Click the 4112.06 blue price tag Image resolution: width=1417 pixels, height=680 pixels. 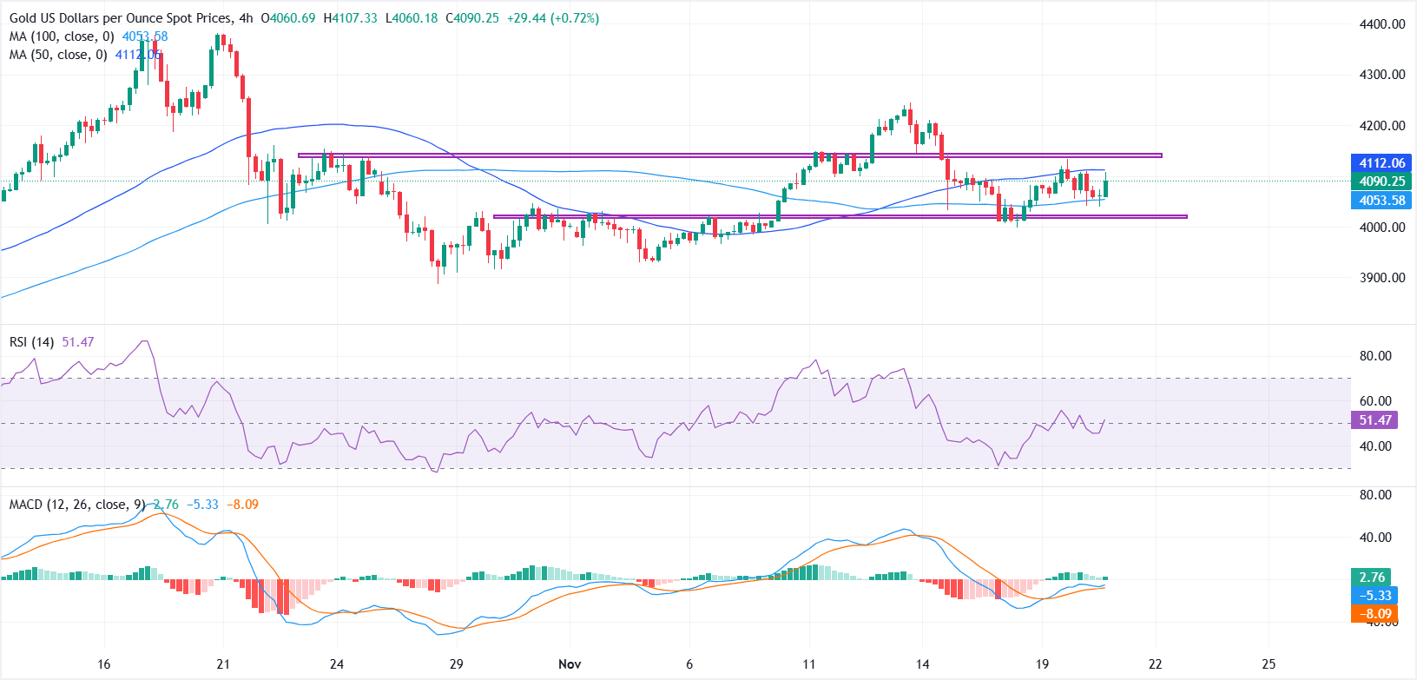[x=1381, y=163]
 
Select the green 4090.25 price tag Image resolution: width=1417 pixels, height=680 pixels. [x=1381, y=182]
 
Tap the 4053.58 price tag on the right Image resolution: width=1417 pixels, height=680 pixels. [x=1381, y=201]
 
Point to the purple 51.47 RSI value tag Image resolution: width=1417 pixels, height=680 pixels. [x=1374, y=420]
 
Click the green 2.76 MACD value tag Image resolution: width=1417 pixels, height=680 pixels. [x=1372, y=578]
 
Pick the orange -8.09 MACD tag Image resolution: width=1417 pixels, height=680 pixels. [x=1376, y=613]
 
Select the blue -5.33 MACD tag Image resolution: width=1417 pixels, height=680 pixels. [x=1376, y=596]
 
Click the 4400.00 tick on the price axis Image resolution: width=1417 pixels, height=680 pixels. [x=1381, y=24]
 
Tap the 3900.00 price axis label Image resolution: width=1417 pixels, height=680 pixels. [x=1381, y=278]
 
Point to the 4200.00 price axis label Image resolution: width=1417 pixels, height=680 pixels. [x=1381, y=126]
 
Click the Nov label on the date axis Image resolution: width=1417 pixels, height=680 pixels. [x=570, y=664]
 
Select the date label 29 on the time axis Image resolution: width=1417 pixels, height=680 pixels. [x=457, y=664]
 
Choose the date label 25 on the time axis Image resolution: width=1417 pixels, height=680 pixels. [x=1269, y=664]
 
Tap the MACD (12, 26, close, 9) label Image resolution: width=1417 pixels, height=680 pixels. [x=77, y=505]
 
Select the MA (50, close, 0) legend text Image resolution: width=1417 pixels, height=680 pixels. [x=58, y=55]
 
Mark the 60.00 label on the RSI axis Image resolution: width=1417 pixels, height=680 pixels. [x=1375, y=401]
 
